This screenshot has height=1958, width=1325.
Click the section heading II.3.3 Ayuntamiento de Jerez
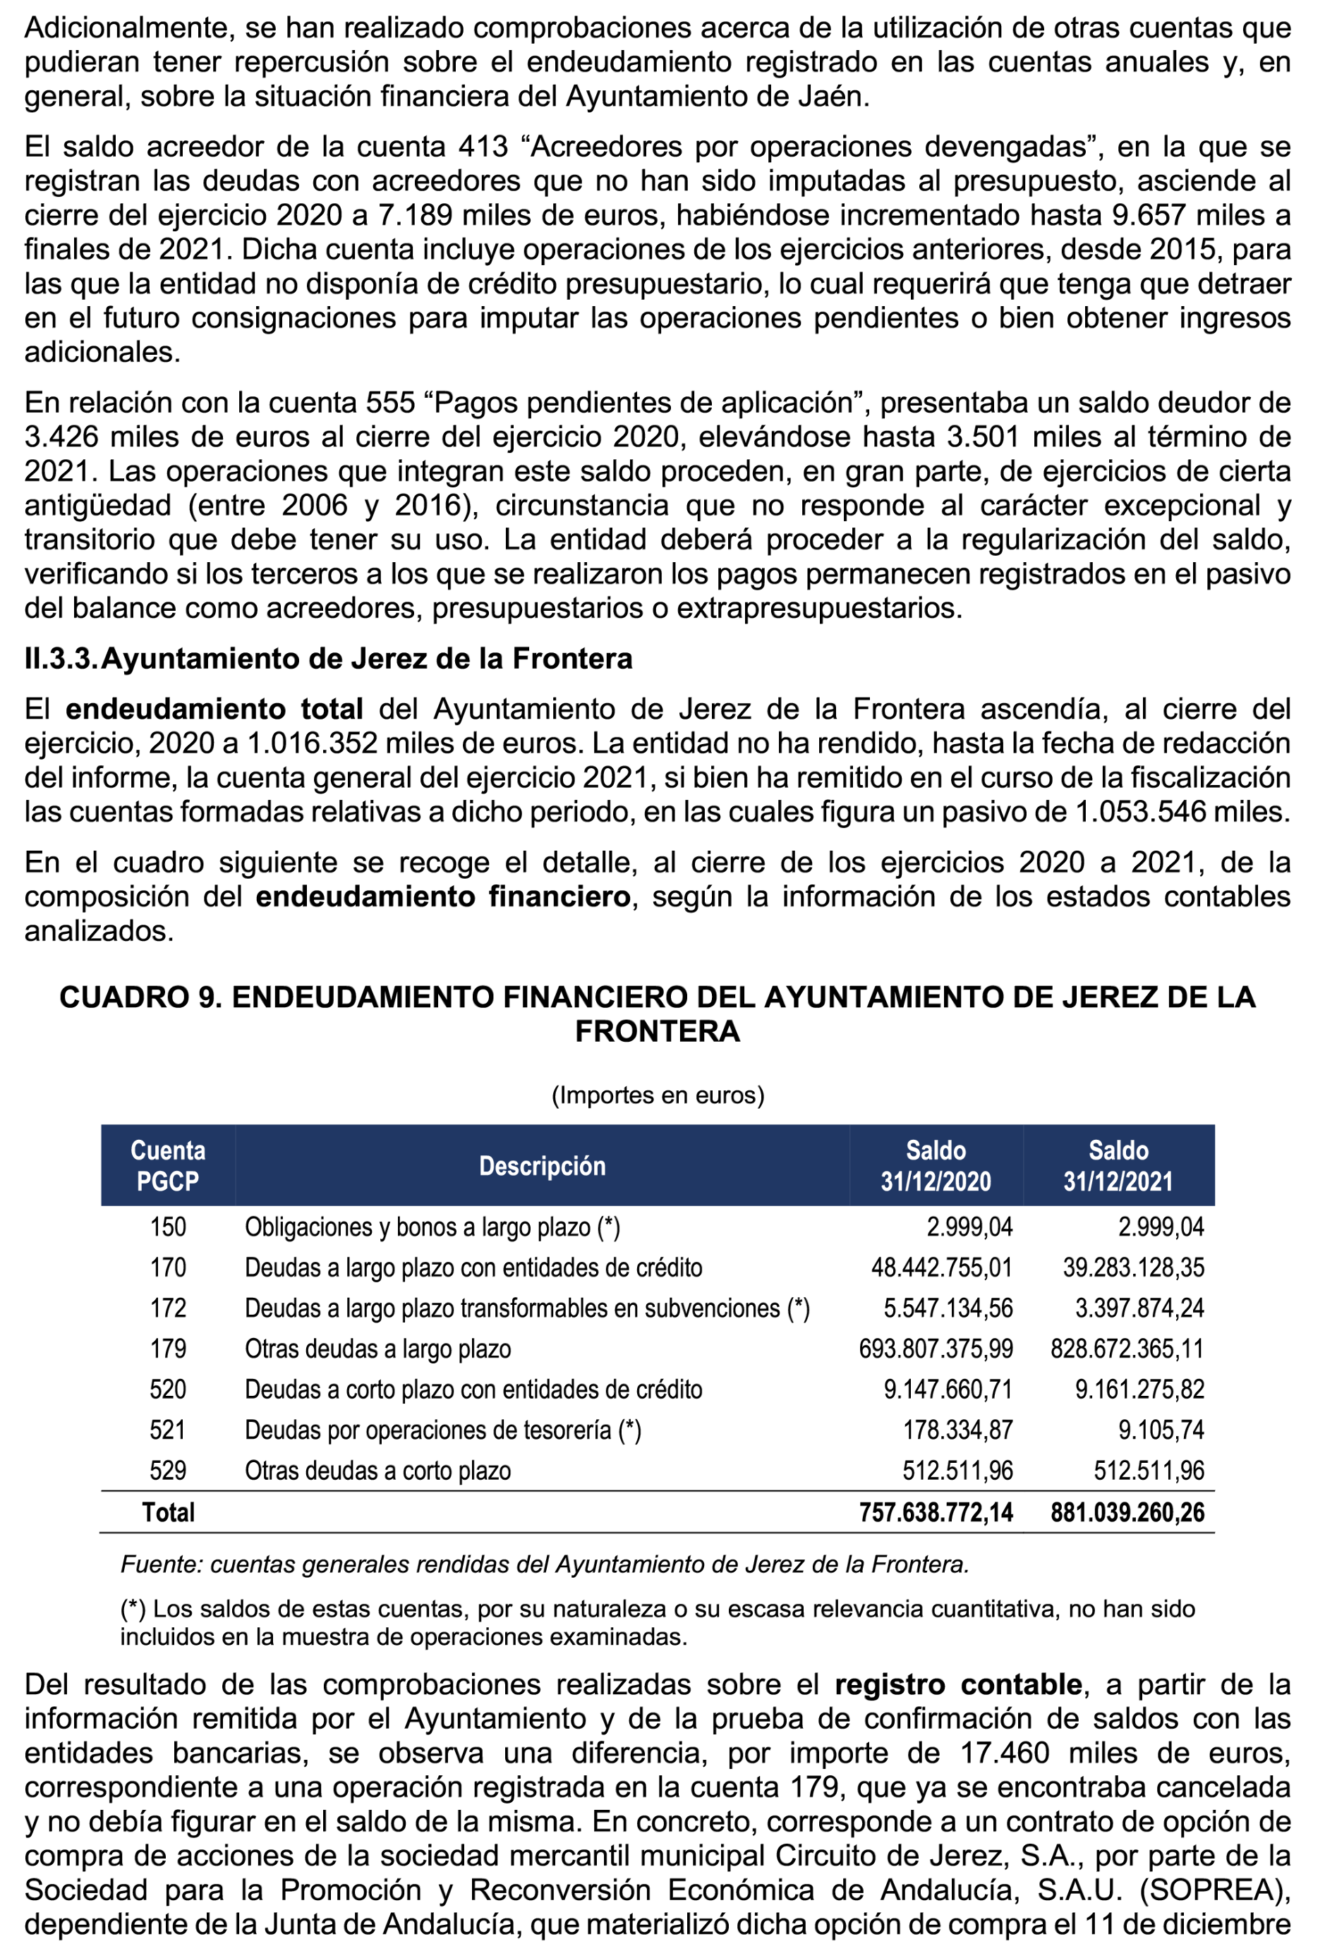click(328, 659)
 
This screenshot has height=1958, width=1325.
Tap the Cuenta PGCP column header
click(168, 1165)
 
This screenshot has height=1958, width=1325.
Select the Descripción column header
click(542, 1166)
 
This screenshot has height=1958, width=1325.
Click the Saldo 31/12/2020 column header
click(936, 1165)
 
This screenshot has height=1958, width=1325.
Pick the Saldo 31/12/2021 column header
click(1118, 1165)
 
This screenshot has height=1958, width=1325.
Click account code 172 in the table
click(168, 1308)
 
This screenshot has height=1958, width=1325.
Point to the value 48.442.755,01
click(941, 1267)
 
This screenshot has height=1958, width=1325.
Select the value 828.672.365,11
click(1127, 1349)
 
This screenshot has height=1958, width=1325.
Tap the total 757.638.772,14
click(936, 1512)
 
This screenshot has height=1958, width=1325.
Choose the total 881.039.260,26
click(1127, 1512)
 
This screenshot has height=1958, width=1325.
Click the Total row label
click(168, 1512)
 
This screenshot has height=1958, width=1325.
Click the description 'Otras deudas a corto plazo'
click(377, 1470)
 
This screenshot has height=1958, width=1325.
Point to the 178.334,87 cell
click(957, 1430)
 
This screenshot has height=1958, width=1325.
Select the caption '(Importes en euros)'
click(658, 1095)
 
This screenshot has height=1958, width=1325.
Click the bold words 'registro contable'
click(957, 1684)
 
